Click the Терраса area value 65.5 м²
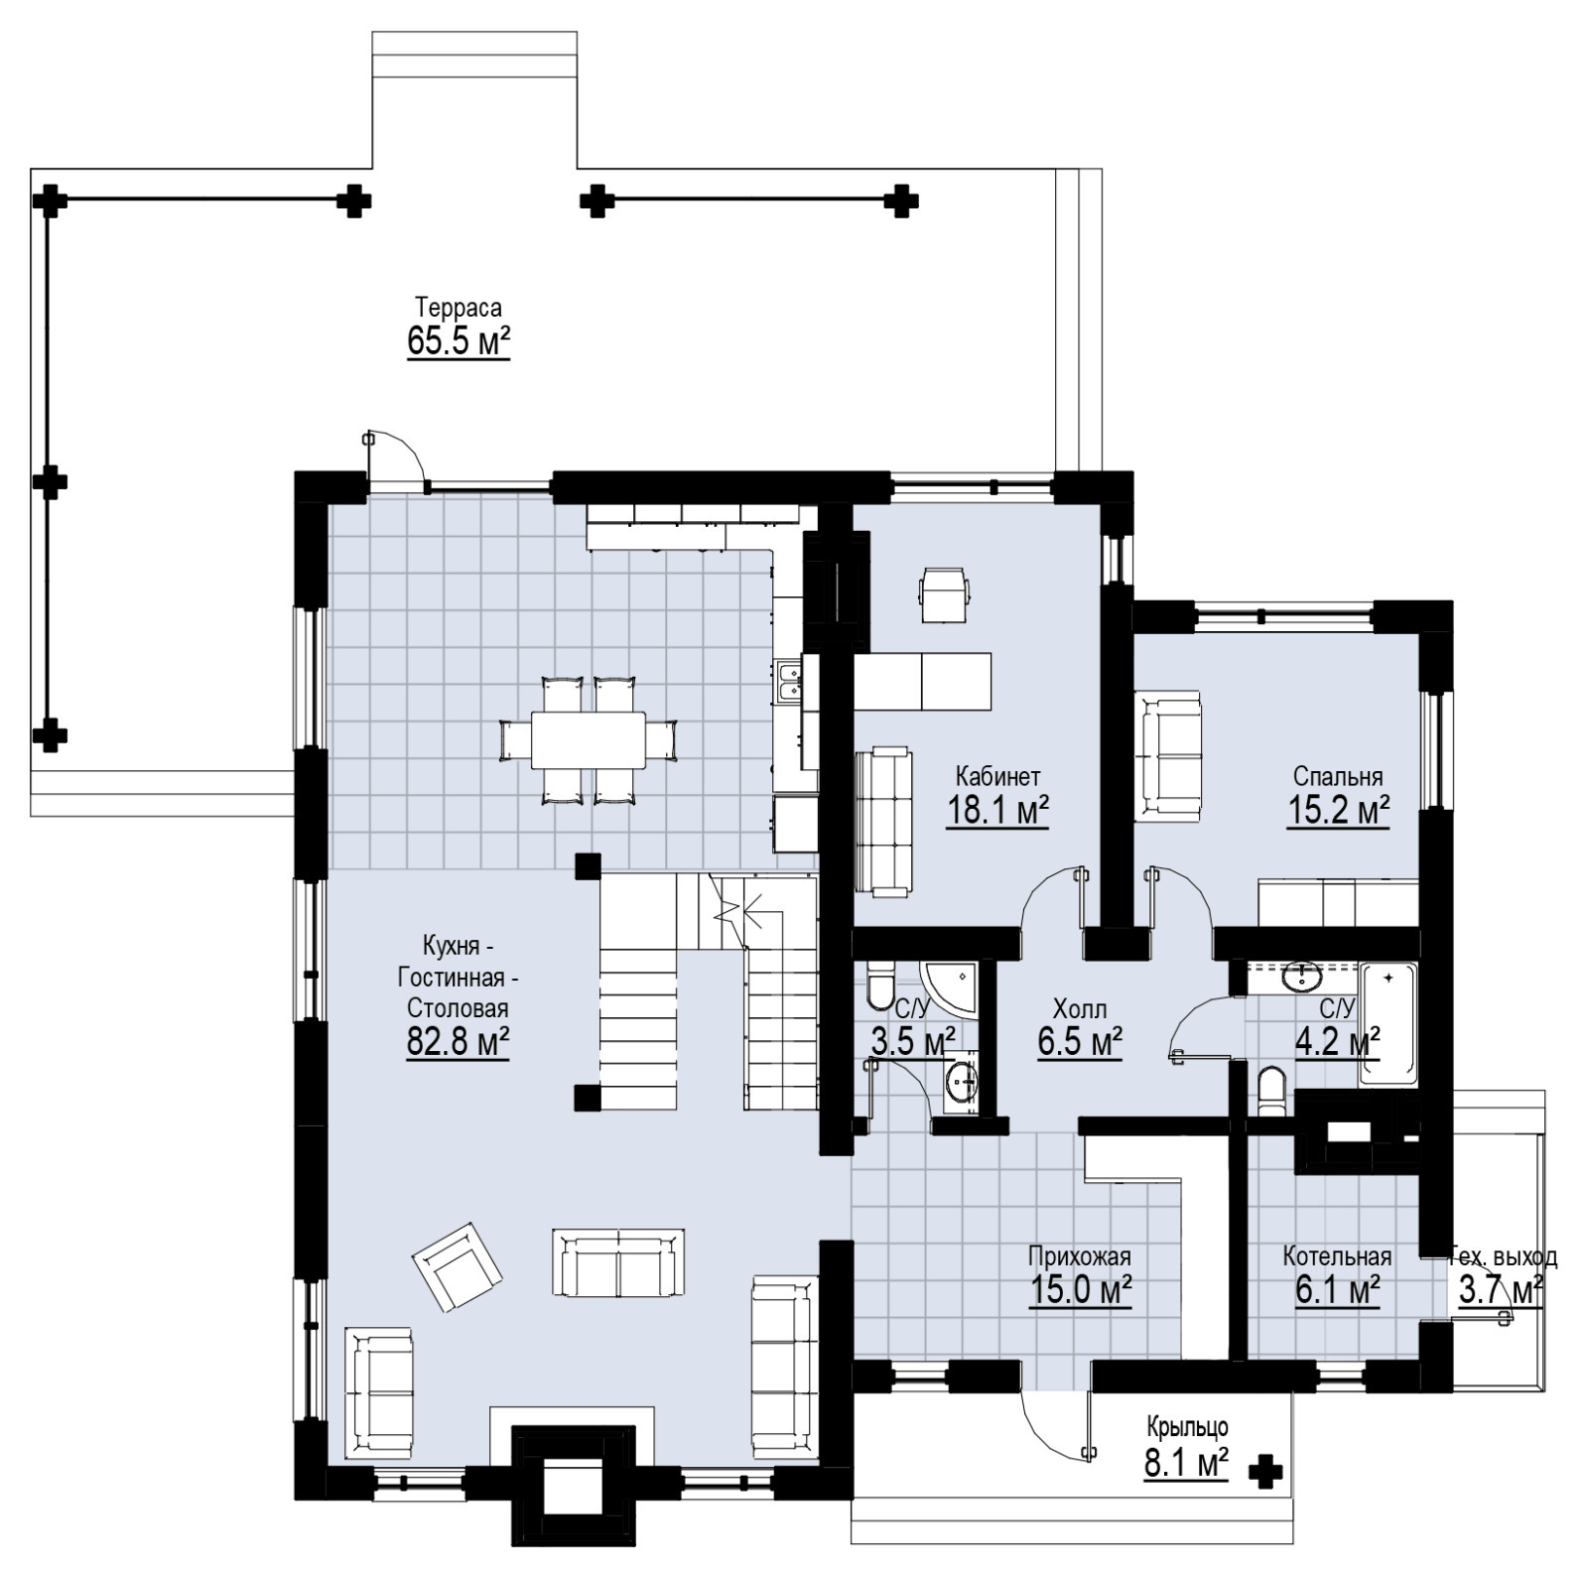point(459,341)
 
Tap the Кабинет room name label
point(997,775)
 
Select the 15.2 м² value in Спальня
point(1338,811)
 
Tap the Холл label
point(1080,1010)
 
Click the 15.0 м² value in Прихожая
point(1081,1290)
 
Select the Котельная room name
point(1337,1256)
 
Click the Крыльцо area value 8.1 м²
point(1186,1464)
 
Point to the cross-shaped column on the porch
point(1264,1472)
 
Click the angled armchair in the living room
point(458,1266)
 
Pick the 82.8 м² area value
point(458,1043)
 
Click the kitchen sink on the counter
point(789,681)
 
